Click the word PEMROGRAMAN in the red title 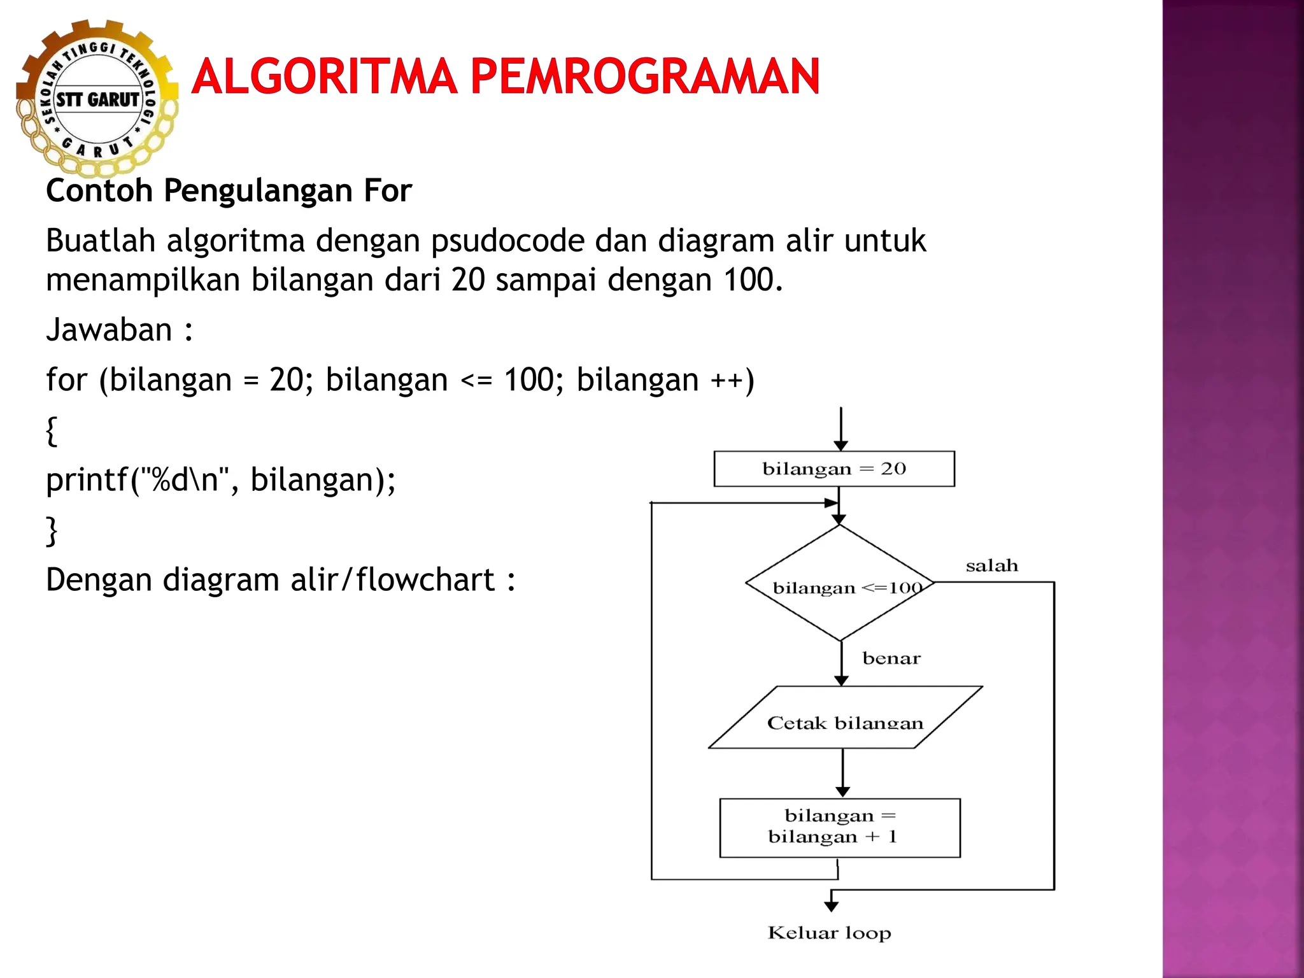pos(644,76)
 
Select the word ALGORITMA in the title pos(323,76)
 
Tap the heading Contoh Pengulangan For pos(229,190)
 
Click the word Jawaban pos(109,330)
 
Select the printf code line pos(220,479)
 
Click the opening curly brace pos(52,430)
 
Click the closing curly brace pos(52,530)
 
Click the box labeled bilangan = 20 pos(834,469)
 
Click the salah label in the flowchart pos(991,565)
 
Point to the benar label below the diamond pos(891,658)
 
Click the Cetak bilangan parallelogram pos(845,718)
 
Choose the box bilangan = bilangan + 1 pos(839,827)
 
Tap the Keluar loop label pos(829,933)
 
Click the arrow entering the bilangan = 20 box pos(841,430)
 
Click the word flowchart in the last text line pos(425,580)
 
